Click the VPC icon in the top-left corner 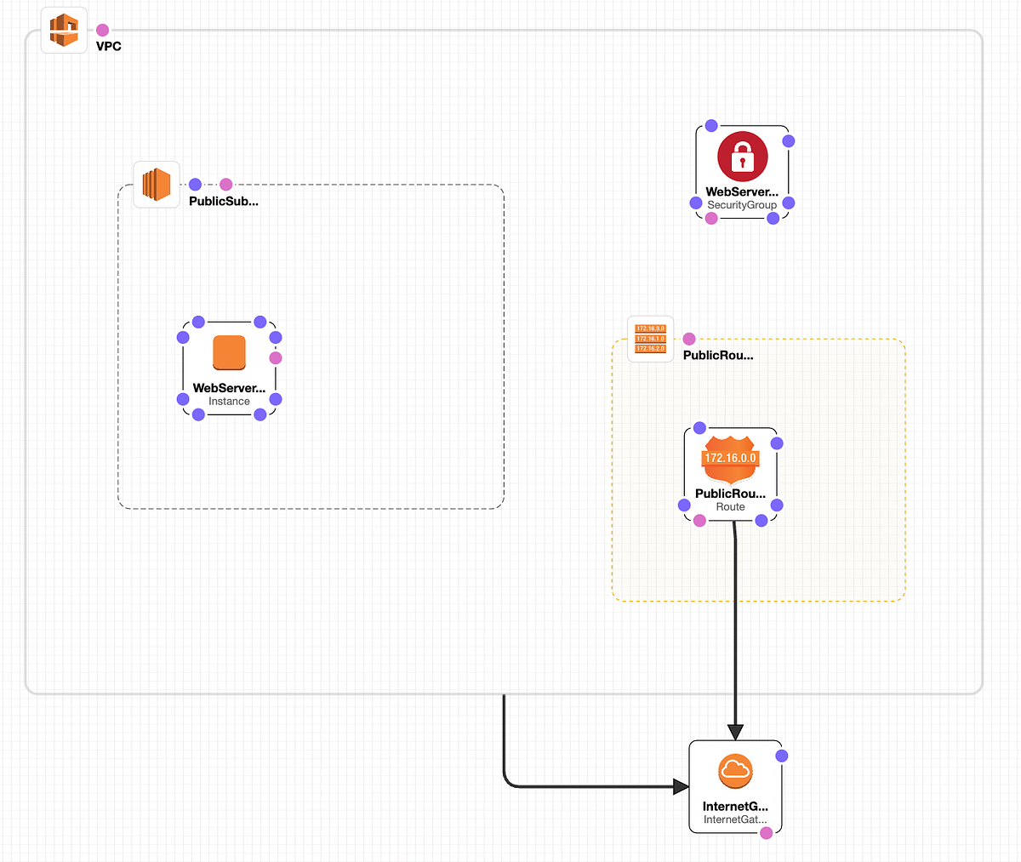point(64,31)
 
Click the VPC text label point(109,47)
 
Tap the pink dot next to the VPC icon point(102,31)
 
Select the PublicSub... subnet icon point(157,185)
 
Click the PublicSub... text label point(223,202)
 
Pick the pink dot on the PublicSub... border point(225,185)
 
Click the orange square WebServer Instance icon point(229,352)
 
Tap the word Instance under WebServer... point(229,402)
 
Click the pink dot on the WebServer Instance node point(275,358)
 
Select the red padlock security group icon point(742,157)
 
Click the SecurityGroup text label point(742,205)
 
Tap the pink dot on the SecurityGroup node point(711,219)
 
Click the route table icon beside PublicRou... point(650,339)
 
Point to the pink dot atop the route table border point(689,340)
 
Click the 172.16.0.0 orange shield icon point(730,460)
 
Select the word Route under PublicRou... point(730,507)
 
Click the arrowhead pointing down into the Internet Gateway point(736,732)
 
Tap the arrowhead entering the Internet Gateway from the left point(681,786)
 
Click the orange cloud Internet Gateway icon point(735,772)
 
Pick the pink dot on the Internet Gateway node point(766,833)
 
